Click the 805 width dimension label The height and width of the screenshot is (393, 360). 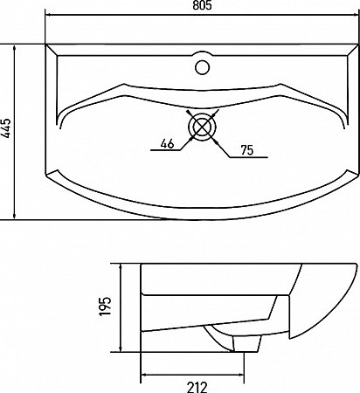202,5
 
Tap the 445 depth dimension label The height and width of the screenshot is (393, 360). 6,128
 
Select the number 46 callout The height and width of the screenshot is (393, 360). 167,143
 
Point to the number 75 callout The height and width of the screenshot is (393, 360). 247,150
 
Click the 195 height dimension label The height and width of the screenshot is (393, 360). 106,306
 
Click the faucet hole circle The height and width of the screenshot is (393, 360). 202,67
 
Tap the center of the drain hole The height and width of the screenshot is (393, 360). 202,127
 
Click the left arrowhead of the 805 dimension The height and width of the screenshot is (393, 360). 48,15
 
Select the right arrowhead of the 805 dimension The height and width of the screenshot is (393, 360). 355,15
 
